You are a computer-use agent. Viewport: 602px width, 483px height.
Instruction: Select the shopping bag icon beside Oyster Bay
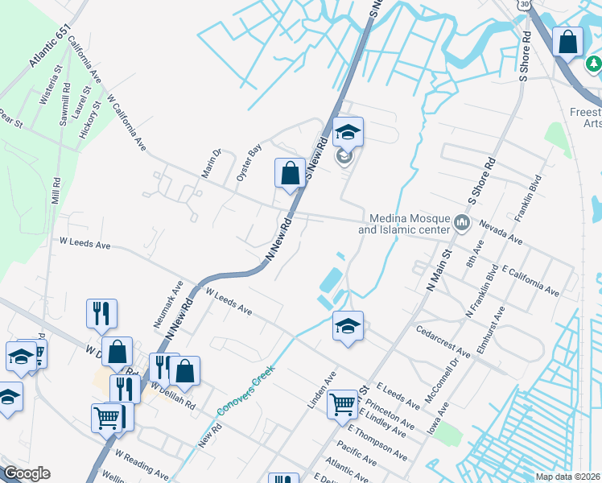click(x=289, y=172)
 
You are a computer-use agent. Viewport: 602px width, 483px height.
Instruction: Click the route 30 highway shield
click(x=525, y=4)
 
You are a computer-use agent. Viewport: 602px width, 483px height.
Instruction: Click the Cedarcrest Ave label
click(x=443, y=341)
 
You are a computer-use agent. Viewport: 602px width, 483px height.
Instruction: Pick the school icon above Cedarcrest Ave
click(x=348, y=325)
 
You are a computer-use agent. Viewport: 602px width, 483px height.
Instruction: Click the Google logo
click(x=26, y=473)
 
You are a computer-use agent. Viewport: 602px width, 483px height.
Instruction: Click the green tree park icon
click(x=595, y=63)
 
